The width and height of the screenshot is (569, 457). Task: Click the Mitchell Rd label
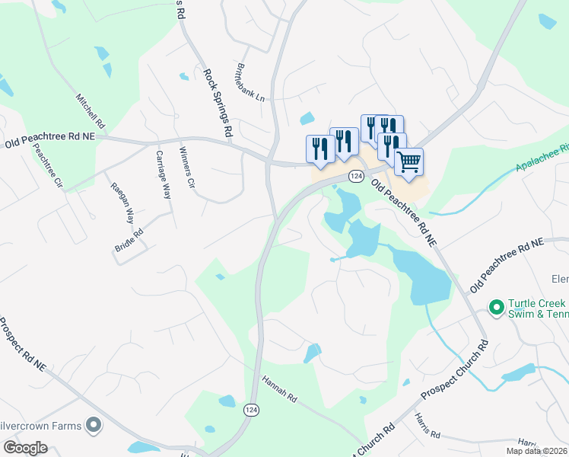pos(90,110)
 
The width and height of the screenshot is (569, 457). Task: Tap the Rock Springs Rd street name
pos(217,103)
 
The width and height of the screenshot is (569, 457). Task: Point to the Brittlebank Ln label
pos(250,83)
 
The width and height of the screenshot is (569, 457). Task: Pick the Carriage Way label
pos(163,174)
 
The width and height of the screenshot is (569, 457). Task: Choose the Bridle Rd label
pos(128,238)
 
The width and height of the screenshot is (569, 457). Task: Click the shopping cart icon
pos(409,161)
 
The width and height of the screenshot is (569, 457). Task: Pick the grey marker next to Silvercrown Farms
pos(94,425)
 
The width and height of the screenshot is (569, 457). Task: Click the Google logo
pos(25,448)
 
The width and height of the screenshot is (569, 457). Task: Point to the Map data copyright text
pos(537,451)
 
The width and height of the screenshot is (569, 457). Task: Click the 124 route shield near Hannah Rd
pos(251,410)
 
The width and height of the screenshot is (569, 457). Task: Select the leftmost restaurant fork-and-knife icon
pos(319,148)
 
